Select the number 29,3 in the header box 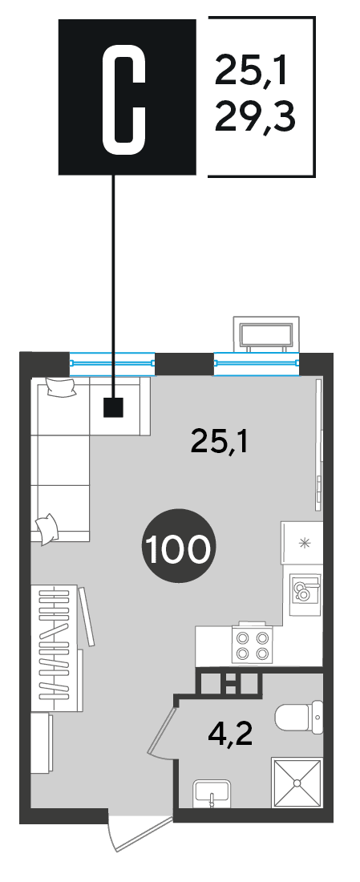tap(256, 116)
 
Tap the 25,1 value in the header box tap(252, 70)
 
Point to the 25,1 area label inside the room tap(220, 442)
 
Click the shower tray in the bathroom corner tap(297, 783)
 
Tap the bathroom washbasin tap(212, 793)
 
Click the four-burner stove tap(252, 645)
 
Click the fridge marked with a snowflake tap(302, 543)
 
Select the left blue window tap(112, 363)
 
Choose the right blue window tap(257, 363)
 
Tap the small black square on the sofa tap(114, 407)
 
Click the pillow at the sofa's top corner tap(60, 387)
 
